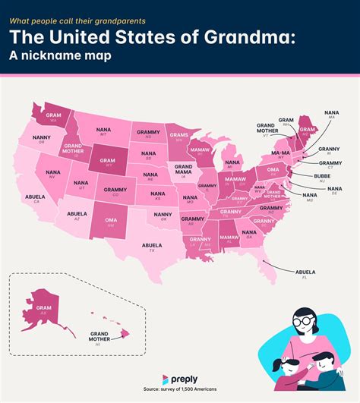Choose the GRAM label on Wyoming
tap(103, 162)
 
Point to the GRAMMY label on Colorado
tap(115, 190)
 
